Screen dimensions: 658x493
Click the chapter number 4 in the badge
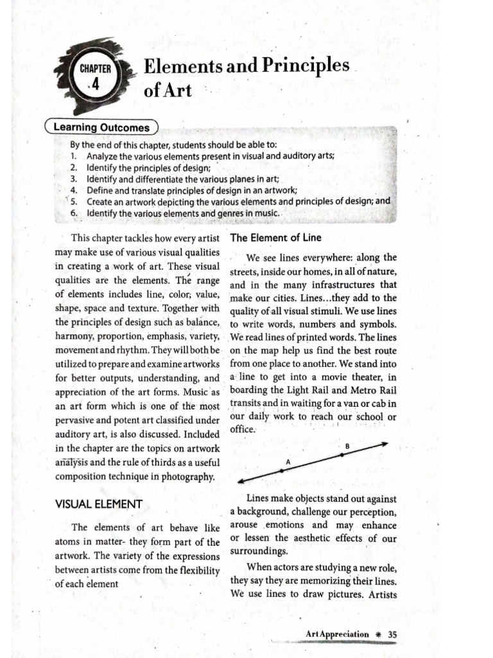point(95,84)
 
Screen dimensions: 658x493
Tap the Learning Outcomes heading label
point(101,127)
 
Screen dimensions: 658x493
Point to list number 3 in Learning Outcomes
point(74,179)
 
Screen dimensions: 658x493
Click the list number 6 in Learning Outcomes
point(74,213)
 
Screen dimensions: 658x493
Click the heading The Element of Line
point(276,237)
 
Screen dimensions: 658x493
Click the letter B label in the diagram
point(347,445)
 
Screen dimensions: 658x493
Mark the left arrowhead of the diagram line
point(241,481)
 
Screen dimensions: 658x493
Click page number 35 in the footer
point(393,634)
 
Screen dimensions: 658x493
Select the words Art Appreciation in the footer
point(338,634)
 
